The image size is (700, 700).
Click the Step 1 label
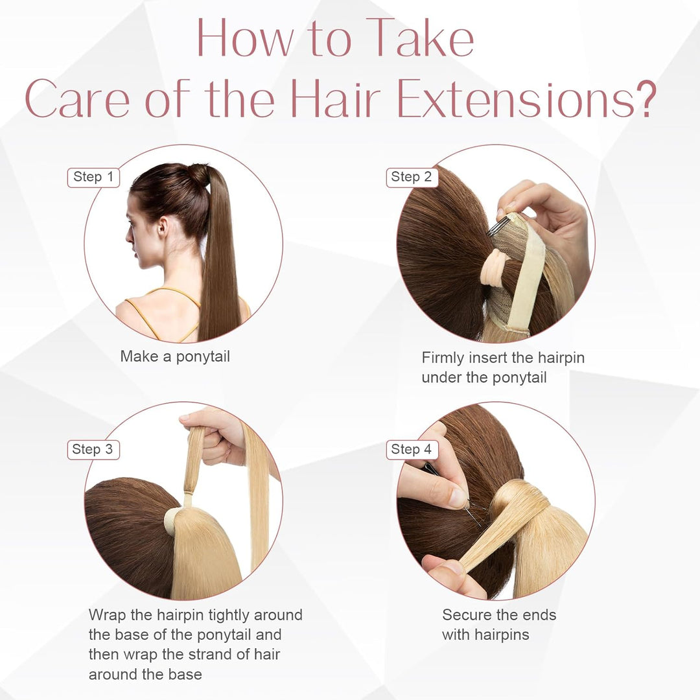pyautogui.click(x=93, y=177)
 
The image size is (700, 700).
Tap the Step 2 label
pyautogui.click(x=412, y=177)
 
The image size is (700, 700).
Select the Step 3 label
pyautogui.click(x=93, y=449)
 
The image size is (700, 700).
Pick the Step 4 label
pyautogui.click(x=412, y=449)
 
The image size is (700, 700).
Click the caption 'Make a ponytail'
pyautogui.click(x=175, y=356)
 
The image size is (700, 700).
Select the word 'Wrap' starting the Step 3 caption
pyautogui.click(x=107, y=614)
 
